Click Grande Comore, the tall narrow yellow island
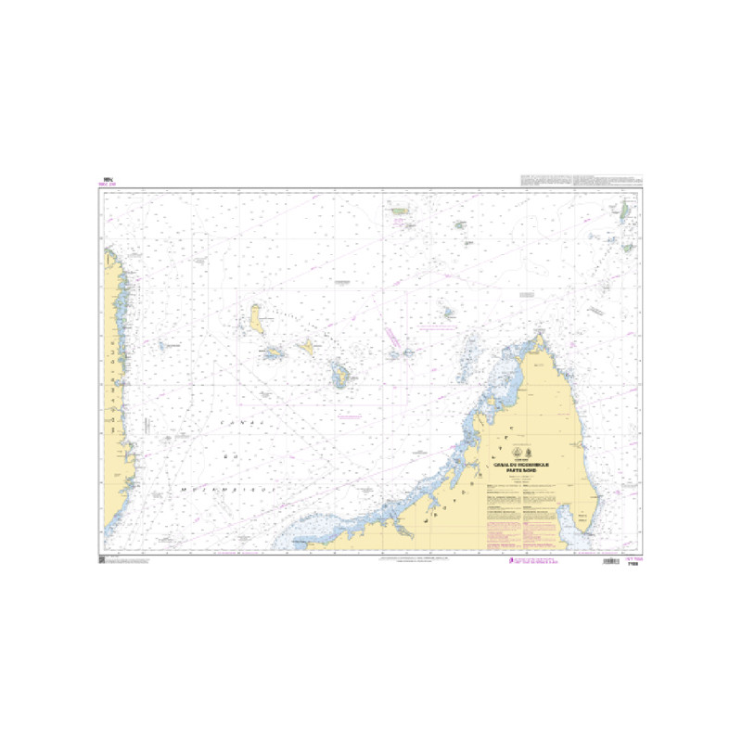point(256,321)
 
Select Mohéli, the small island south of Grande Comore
point(273,352)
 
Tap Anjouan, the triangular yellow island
point(306,348)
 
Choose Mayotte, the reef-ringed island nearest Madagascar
point(341,377)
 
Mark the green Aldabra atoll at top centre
point(402,211)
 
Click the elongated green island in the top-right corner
point(625,212)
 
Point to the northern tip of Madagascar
point(537,338)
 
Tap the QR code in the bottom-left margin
point(101,561)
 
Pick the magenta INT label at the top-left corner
point(107,185)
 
